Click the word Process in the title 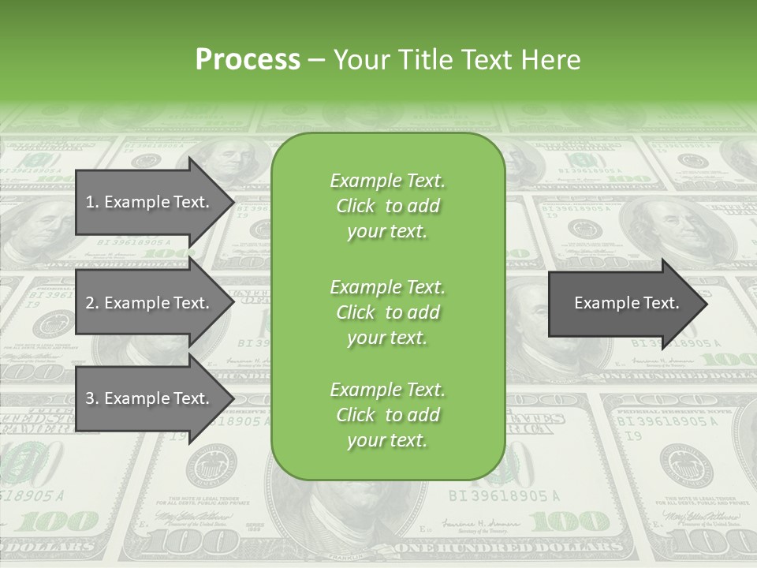(x=248, y=60)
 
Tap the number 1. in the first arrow (x=92, y=202)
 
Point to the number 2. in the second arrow (x=92, y=303)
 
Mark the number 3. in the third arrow (x=92, y=398)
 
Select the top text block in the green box (x=387, y=206)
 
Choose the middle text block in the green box (x=387, y=312)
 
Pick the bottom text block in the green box (x=387, y=415)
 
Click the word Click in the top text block (x=355, y=206)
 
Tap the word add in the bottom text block (x=423, y=415)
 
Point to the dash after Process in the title (x=316, y=60)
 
